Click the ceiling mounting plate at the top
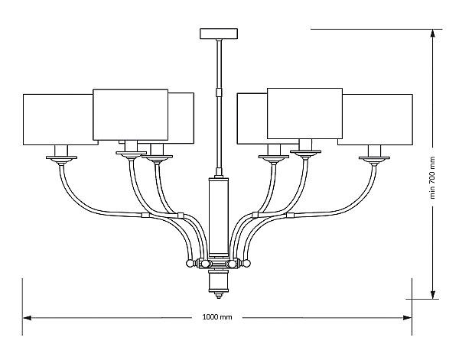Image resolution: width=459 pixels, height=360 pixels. click(x=219, y=34)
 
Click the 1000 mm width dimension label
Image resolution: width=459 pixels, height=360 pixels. click(x=217, y=317)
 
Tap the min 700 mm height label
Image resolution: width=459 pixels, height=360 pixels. click(x=433, y=177)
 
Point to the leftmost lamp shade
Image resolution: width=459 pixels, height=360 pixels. click(x=60, y=119)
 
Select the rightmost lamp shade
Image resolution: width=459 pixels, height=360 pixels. click(x=376, y=119)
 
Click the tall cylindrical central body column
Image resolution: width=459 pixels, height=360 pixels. click(x=218, y=217)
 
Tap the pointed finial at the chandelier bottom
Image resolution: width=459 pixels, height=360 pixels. click(x=218, y=295)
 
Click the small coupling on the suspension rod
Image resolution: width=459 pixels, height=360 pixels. click(x=218, y=92)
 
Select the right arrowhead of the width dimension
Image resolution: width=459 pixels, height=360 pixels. click(x=407, y=318)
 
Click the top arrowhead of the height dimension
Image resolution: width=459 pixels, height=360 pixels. click(x=433, y=34)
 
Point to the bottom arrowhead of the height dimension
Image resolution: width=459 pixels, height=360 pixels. click(x=433, y=295)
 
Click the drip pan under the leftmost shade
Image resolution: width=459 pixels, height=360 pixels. click(x=61, y=158)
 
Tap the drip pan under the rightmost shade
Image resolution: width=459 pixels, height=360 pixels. click(x=374, y=158)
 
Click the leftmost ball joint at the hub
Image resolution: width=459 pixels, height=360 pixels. click(x=190, y=264)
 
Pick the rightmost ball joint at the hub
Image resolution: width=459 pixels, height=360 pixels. click(x=246, y=264)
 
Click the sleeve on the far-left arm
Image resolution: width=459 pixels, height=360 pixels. click(x=145, y=216)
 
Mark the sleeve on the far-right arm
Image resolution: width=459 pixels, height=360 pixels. click(x=290, y=216)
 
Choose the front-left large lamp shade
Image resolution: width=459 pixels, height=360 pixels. click(x=131, y=115)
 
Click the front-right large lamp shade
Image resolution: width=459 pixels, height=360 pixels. click(x=304, y=113)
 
